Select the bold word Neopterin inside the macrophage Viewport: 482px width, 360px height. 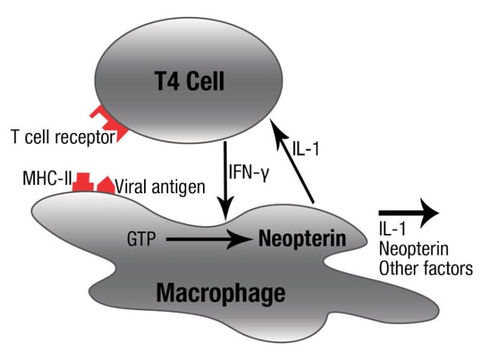[302, 238]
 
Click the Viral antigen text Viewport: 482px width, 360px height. [160, 187]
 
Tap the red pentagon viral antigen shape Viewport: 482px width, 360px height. [105, 185]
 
